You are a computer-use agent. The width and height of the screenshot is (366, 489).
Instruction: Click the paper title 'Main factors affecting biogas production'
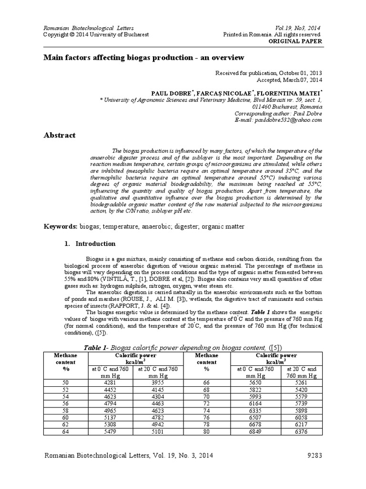(144, 58)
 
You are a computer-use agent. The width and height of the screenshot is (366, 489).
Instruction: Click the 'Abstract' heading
(60, 135)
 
